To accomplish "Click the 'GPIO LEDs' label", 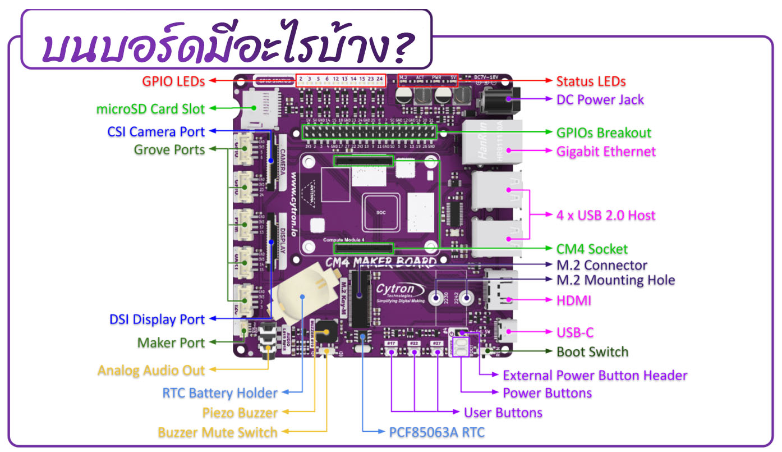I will (x=173, y=81).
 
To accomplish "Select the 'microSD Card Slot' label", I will (x=150, y=109).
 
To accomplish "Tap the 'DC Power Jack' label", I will (x=600, y=100).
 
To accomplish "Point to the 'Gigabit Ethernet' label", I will (x=606, y=151).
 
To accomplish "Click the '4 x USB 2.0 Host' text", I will (x=606, y=215).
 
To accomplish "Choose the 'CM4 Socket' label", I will (x=592, y=249).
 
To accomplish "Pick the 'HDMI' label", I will (x=574, y=300).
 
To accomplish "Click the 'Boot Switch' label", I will (x=592, y=352).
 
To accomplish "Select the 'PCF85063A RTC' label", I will (x=436, y=432).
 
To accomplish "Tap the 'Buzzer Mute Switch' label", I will (x=218, y=432).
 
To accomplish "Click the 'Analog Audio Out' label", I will (x=151, y=371).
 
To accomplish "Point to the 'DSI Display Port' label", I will (x=157, y=319).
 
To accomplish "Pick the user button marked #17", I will (x=391, y=351).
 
